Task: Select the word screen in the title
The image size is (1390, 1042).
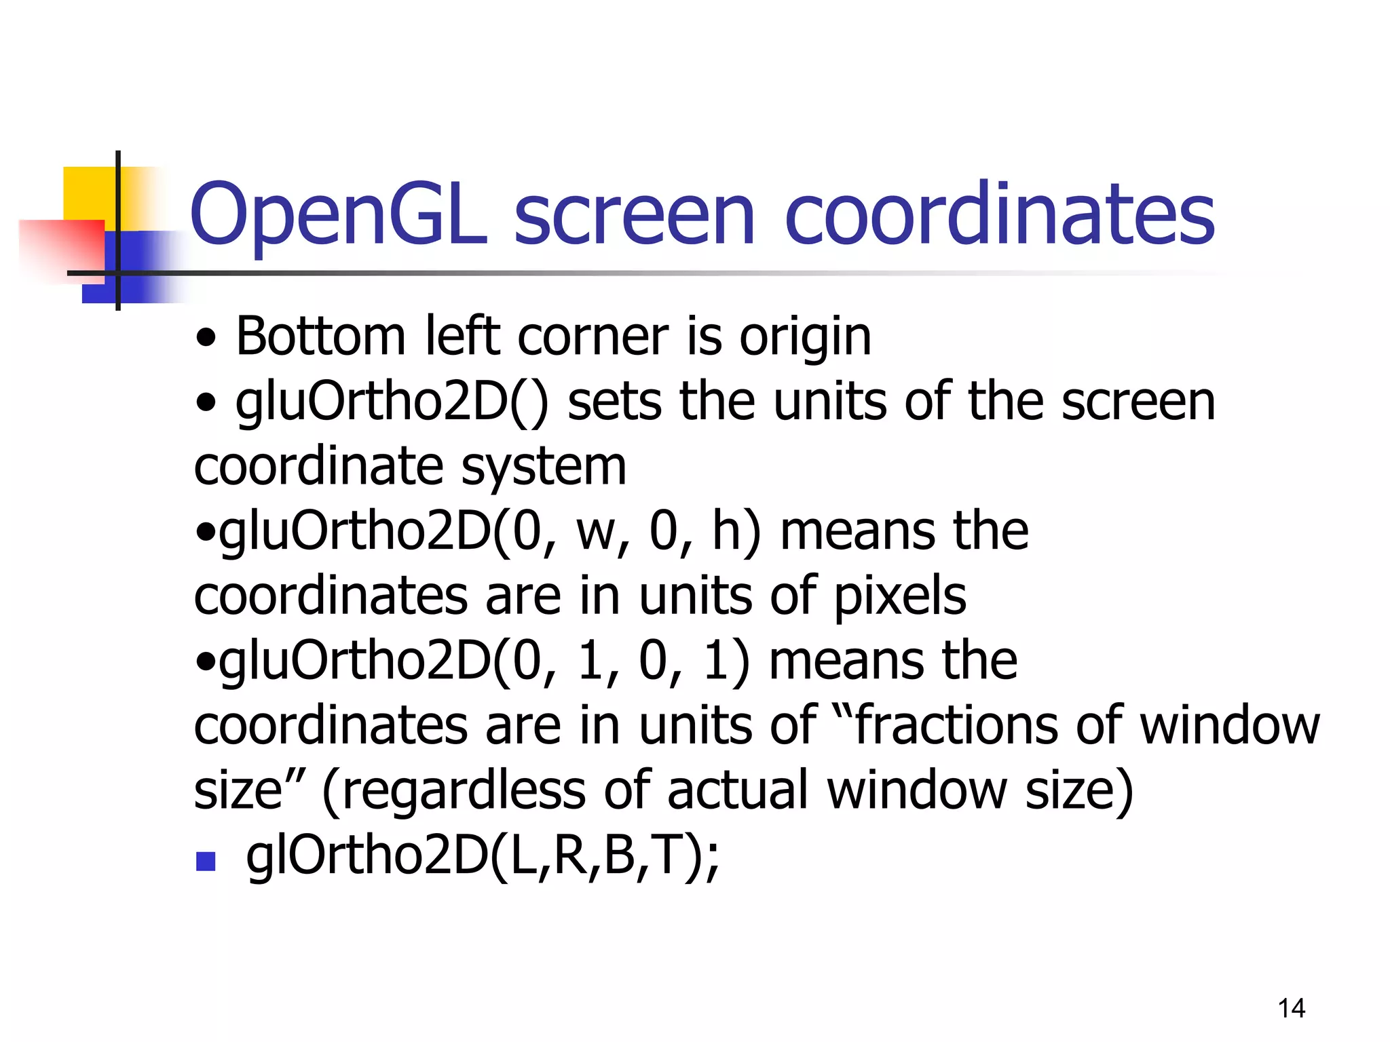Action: [x=634, y=216]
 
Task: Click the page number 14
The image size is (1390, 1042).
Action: [x=1291, y=1008]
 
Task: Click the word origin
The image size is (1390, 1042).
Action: [x=805, y=338]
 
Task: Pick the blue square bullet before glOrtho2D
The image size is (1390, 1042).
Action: [x=205, y=862]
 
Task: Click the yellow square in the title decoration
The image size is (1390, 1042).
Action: [x=88, y=193]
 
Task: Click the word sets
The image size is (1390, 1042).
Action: [x=614, y=402]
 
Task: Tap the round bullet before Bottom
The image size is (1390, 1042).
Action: [x=206, y=338]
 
